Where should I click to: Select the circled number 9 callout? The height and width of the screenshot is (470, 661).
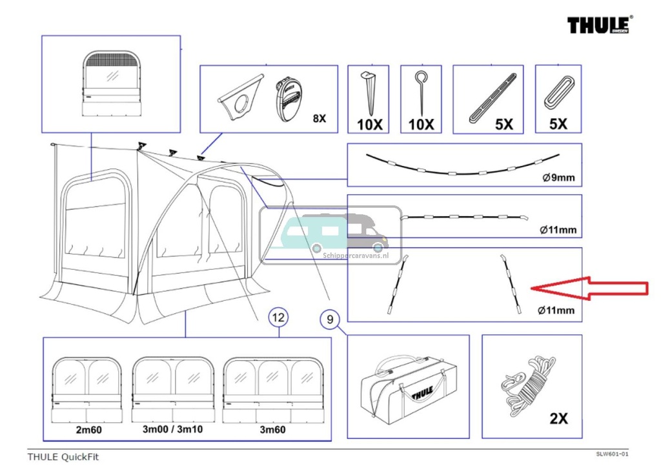click(329, 318)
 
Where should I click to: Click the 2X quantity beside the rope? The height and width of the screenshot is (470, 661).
click(558, 418)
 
